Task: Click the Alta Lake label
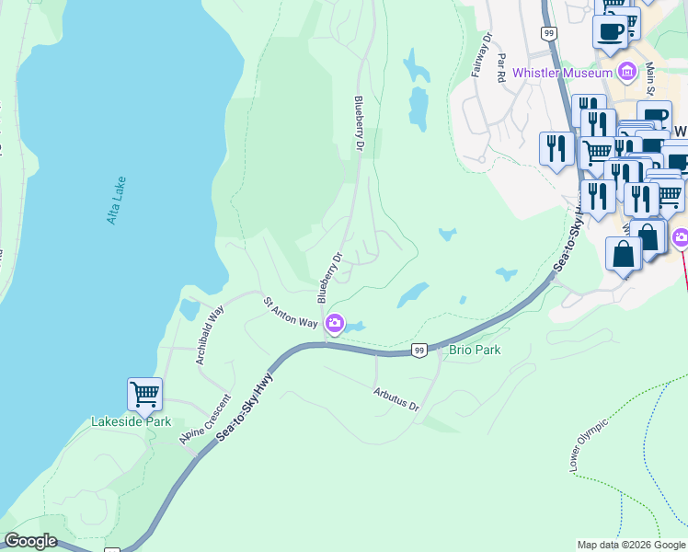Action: (x=116, y=200)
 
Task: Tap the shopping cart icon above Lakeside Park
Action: (x=144, y=394)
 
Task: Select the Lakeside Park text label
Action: (x=131, y=422)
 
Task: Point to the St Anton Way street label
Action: (x=291, y=312)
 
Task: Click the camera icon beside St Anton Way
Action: (x=335, y=322)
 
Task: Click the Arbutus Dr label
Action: (x=396, y=398)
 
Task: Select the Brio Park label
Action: (x=475, y=351)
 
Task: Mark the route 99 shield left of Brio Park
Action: (x=419, y=351)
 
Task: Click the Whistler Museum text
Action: (x=562, y=73)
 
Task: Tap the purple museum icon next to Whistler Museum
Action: (x=627, y=71)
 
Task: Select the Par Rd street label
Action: (x=501, y=67)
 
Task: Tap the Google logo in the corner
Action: (x=30, y=541)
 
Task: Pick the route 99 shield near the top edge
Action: (x=549, y=33)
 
